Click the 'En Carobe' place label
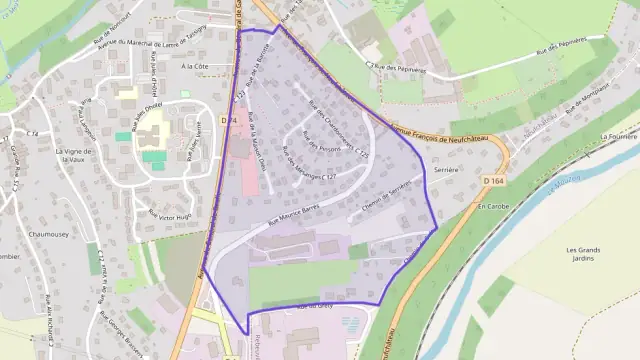[x=493, y=205]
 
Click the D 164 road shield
[x=490, y=180]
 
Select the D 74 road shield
[x=229, y=120]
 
